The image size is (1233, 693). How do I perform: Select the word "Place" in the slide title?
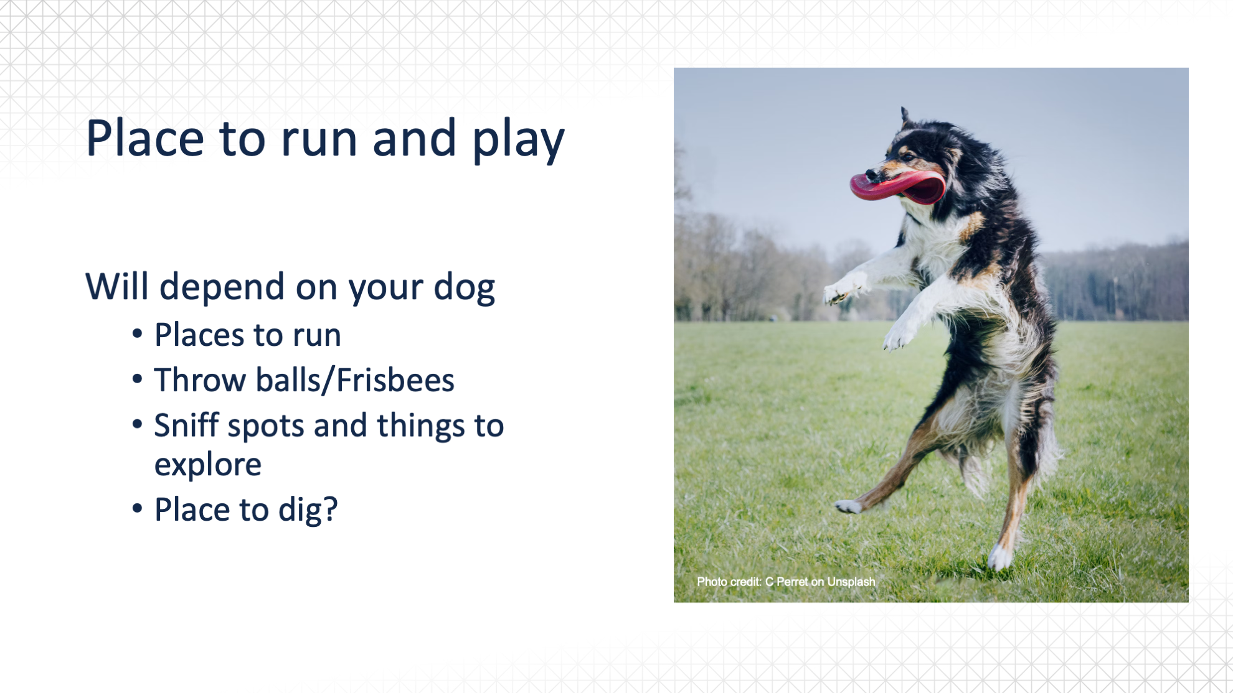pyautogui.click(x=145, y=137)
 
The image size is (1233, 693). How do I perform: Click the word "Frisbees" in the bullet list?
pyautogui.click(x=395, y=380)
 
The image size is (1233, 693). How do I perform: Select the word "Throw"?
pyautogui.click(x=200, y=380)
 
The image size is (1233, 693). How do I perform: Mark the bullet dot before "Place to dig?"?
pyautogui.click(x=138, y=508)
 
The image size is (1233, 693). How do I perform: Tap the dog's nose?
pyautogui.click(x=871, y=175)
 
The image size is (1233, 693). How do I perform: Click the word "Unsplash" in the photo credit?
pyautogui.click(x=851, y=582)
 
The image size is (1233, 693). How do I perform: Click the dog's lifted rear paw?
pyautogui.click(x=848, y=506)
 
